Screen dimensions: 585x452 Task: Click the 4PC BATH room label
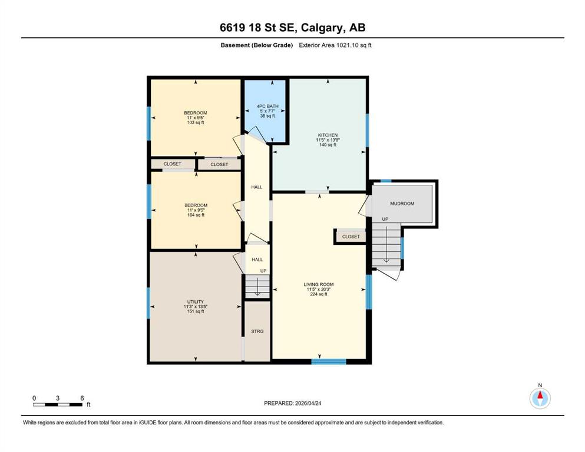pyautogui.click(x=267, y=106)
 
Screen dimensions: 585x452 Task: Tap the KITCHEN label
pyautogui.click(x=328, y=135)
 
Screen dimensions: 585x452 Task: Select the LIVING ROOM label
pyautogui.click(x=319, y=284)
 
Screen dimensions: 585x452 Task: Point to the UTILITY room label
pyautogui.click(x=196, y=301)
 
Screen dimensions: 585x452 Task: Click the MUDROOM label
pyautogui.click(x=402, y=204)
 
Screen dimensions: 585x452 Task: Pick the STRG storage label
pyautogui.click(x=257, y=331)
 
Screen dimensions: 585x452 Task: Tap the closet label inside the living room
pyautogui.click(x=351, y=237)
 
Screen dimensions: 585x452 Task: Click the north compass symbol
pyautogui.click(x=540, y=398)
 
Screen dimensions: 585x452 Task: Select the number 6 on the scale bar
pyautogui.click(x=82, y=398)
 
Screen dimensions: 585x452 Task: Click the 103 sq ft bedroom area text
pyautogui.click(x=196, y=122)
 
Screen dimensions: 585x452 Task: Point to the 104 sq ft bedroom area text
pyautogui.click(x=196, y=215)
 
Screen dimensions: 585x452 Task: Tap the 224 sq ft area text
pyautogui.click(x=319, y=294)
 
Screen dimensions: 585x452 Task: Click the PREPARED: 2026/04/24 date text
pyautogui.click(x=292, y=403)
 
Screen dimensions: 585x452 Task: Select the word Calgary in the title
pyautogui.click(x=322, y=28)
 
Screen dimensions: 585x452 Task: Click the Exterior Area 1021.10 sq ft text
pyautogui.click(x=335, y=45)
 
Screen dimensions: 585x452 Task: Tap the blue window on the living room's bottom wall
pyautogui.click(x=329, y=361)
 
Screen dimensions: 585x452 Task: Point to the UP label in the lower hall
pyautogui.click(x=263, y=271)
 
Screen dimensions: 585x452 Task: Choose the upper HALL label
pyautogui.click(x=257, y=187)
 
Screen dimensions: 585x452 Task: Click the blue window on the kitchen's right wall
pyautogui.click(x=367, y=130)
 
